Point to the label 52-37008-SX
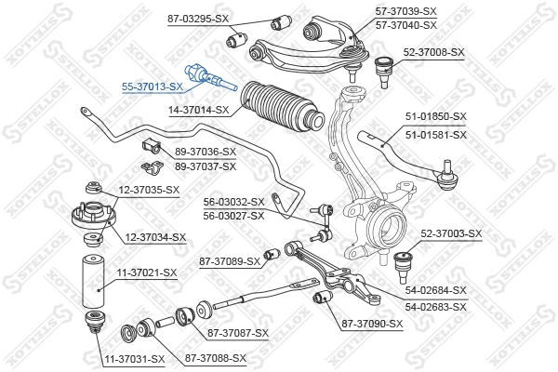click(x=432, y=52)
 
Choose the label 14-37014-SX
click(x=198, y=109)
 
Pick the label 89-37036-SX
click(x=206, y=153)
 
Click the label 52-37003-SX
click(x=452, y=233)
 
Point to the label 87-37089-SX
click(x=229, y=261)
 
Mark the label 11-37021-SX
click(x=145, y=272)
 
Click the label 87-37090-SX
click(x=372, y=324)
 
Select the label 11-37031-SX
click(x=133, y=358)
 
